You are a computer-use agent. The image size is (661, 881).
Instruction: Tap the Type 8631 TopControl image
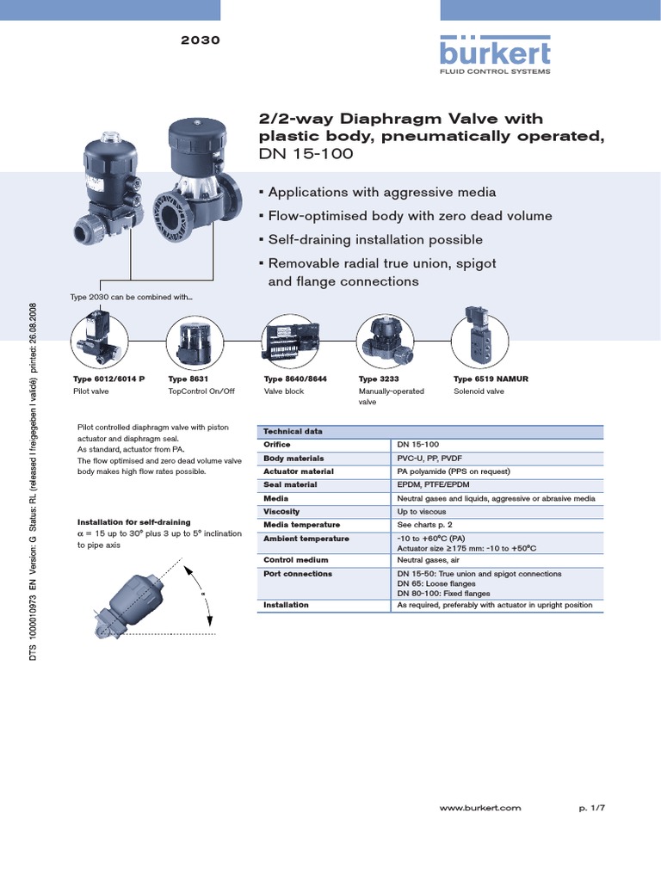193,342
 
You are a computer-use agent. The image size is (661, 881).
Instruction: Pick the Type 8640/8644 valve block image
288,342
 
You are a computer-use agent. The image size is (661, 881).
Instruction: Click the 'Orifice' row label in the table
276,445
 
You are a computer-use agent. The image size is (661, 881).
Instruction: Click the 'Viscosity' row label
281,511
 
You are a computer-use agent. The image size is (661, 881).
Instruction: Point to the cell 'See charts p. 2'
428,525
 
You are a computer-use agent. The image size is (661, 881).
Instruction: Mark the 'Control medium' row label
291,559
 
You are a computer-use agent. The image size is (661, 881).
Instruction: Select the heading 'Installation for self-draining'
133,522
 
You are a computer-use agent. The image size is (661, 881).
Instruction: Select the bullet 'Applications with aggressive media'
381,192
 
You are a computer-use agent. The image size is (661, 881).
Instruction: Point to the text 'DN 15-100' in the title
306,154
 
